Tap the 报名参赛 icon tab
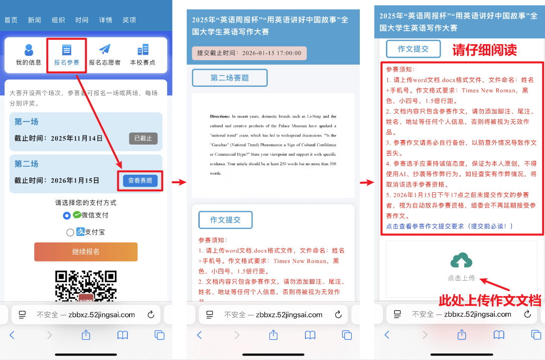coord(66,50)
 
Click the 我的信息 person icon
coord(29,50)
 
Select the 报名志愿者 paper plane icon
coord(104,49)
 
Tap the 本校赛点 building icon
coord(143,50)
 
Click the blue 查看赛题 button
coord(140,181)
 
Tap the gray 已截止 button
coord(143,139)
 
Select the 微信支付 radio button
coord(67,216)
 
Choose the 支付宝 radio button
coord(70,232)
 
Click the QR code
coord(86,286)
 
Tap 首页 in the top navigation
coord(11,20)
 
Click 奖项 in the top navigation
coord(129,20)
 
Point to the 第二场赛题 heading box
coord(230,78)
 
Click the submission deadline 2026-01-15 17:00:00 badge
coord(249,53)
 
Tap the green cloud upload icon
coord(461,260)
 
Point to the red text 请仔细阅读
coord(484,50)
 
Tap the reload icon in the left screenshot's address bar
coord(151,314)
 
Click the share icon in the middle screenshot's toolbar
coord(274,335)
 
